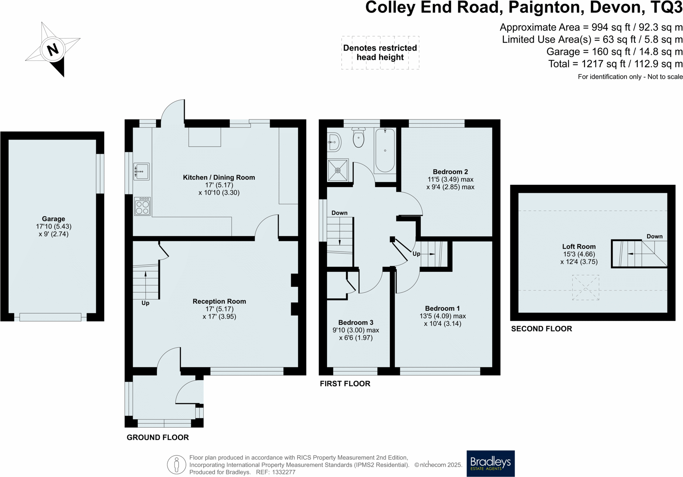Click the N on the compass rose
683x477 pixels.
[53, 49]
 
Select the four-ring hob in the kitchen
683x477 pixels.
[142, 206]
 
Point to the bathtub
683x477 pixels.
[385, 150]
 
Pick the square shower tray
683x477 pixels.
[338, 170]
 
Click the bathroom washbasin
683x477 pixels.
[334, 142]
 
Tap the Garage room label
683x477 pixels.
[53, 219]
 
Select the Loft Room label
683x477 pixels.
[579, 247]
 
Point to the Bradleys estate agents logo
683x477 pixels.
[490, 463]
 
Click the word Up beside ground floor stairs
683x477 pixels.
[145, 303]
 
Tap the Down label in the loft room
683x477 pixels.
[654, 236]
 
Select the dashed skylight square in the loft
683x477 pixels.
[586, 288]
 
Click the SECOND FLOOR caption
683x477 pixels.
[541, 329]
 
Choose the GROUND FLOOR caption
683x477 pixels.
[158, 438]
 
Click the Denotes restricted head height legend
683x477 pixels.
[380, 53]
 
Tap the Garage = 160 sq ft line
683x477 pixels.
[614, 52]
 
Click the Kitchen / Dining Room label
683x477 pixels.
[219, 177]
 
